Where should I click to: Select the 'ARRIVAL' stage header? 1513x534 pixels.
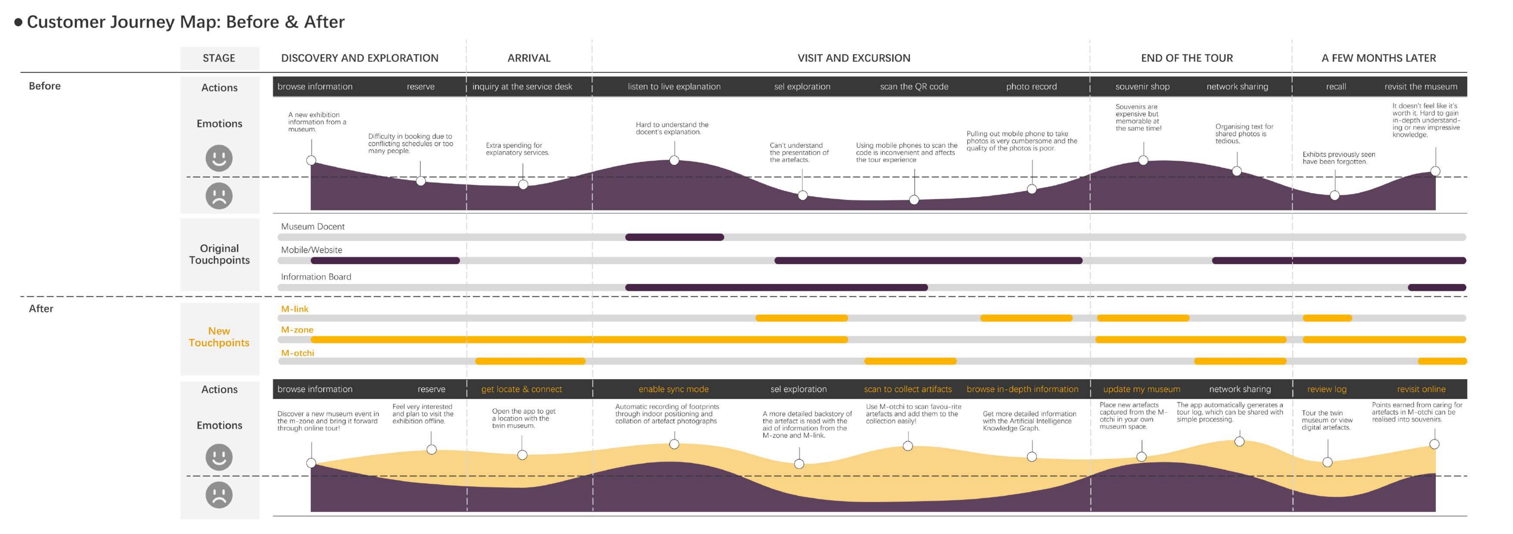click(529, 58)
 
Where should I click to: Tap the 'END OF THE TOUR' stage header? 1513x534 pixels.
click(1186, 58)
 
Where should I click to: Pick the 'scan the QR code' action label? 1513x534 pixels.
click(914, 86)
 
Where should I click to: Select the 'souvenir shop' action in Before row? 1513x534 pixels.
click(1142, 86)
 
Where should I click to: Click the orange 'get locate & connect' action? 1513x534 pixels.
click(521, 389)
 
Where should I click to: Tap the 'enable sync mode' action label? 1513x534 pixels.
click(673, 389)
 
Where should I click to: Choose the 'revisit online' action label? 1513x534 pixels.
click(1421, 389)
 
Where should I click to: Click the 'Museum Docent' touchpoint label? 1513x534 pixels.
click(312, 226)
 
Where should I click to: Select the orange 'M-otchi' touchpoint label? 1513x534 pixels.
click(297, 353)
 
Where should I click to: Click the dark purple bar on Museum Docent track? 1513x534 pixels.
click(674, 237)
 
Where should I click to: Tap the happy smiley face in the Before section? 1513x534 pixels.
click(219, 158)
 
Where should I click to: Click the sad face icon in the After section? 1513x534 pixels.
click(219, 495)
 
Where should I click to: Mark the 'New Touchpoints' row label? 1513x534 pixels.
click(219, 337)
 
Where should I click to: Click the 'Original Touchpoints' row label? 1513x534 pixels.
click(219, 254)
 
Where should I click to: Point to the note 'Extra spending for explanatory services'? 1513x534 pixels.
click(517, 149)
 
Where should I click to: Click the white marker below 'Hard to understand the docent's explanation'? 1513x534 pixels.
click(674, 160)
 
